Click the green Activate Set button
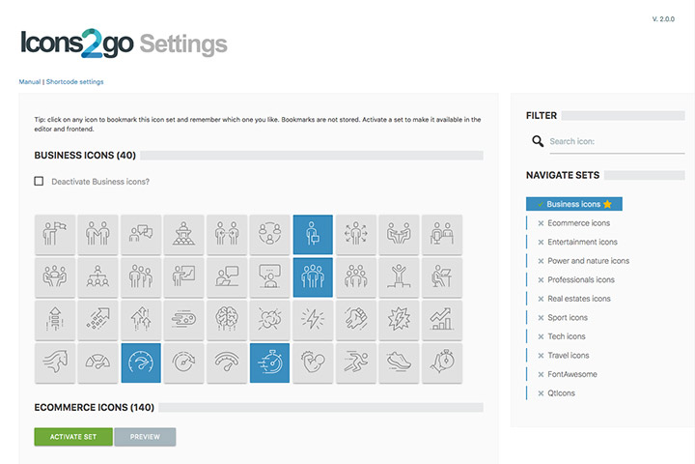(73, 437)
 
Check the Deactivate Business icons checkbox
(39, 181)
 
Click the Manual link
(30, 82)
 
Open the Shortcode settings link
(75, 82)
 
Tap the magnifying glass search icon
(538, 141)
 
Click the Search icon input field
(617, 142)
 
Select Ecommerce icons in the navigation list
(578, 223)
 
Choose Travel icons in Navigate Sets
(569, 355)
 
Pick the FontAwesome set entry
(572, 374)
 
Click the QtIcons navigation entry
(561, 393)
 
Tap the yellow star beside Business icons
(607, 204)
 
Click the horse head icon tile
(55, 362)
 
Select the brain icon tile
(227, 319)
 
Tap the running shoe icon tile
(399, 362)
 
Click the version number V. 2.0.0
(663, 19)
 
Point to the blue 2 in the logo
(93, 43)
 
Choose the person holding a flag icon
(55, 234)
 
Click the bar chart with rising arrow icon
(441, 319)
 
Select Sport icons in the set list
(568, 317)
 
